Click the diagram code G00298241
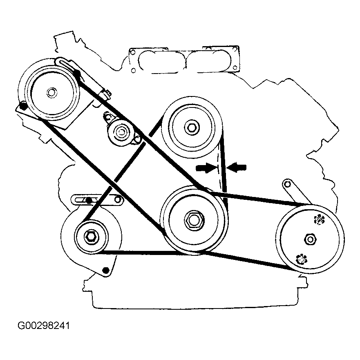pos(44,326)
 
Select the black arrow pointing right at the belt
pos(206,167)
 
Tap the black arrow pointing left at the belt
pos(238,166)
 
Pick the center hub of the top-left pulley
pos(51,93)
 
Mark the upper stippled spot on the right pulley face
pos(318,220)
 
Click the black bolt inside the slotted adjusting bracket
pos(88,200)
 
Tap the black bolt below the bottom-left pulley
pos(106,270)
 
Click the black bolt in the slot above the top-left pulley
pos(76,73)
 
